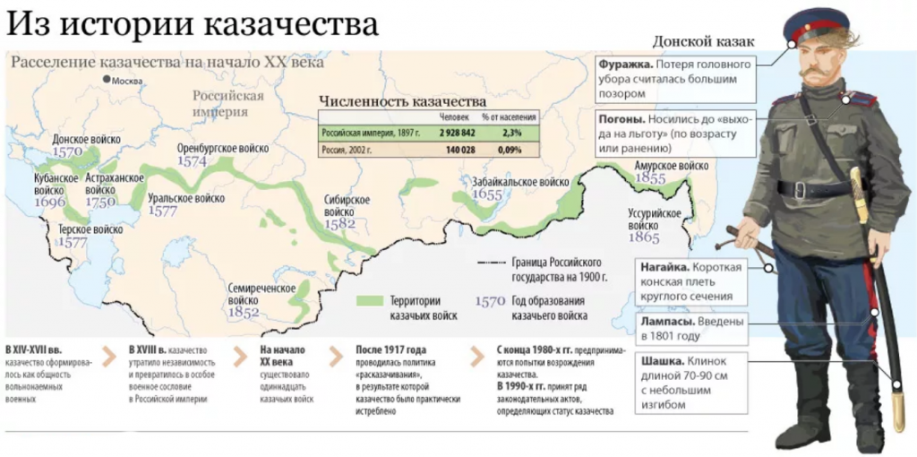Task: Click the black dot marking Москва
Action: coord(107,80)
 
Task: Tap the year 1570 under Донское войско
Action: coord(67,152)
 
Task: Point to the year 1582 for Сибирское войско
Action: coord(341,223)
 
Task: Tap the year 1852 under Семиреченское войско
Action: coord(243,313)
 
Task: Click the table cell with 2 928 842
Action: coord(456,133)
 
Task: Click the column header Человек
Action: coord(454,116)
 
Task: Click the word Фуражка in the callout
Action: coord(626,65)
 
